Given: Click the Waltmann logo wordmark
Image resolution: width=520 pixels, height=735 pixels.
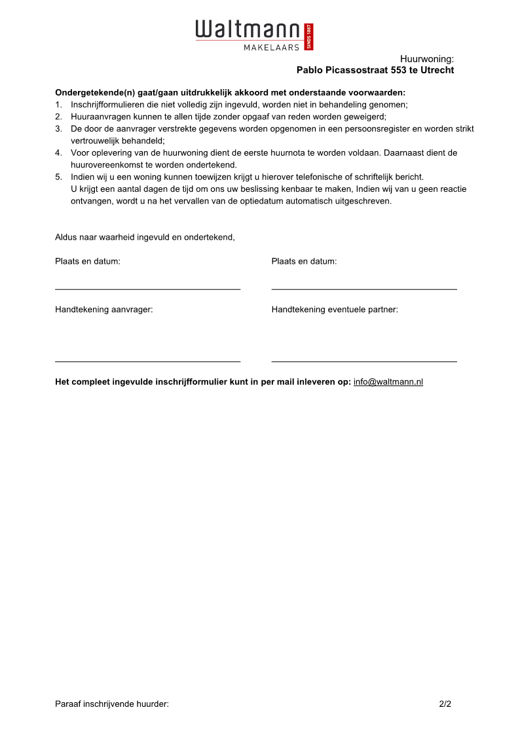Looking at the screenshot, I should (248, 30).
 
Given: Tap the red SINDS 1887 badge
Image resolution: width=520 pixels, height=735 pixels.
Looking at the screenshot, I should (310, 37).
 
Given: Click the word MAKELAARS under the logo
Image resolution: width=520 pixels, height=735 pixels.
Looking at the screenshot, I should (271, 47).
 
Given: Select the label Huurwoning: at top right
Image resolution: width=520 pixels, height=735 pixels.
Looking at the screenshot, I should (426, 59).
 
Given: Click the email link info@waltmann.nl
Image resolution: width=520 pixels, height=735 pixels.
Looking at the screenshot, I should (388, 382).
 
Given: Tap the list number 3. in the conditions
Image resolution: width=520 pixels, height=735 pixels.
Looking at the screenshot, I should (58, 129).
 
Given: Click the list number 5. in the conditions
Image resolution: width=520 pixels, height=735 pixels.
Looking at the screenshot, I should (58, 177).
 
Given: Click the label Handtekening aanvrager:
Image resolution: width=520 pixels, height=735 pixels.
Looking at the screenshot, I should (103, 310).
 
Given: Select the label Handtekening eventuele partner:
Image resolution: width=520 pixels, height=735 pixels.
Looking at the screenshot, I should (335, 310).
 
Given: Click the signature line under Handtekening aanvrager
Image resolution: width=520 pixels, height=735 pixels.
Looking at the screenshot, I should (147, 361).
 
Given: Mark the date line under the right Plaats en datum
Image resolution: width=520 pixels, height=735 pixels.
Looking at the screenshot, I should (364, 289).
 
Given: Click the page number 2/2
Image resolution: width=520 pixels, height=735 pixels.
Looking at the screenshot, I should (445, 704).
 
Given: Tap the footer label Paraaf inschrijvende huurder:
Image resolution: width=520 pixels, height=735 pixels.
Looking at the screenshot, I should (112, 704).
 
